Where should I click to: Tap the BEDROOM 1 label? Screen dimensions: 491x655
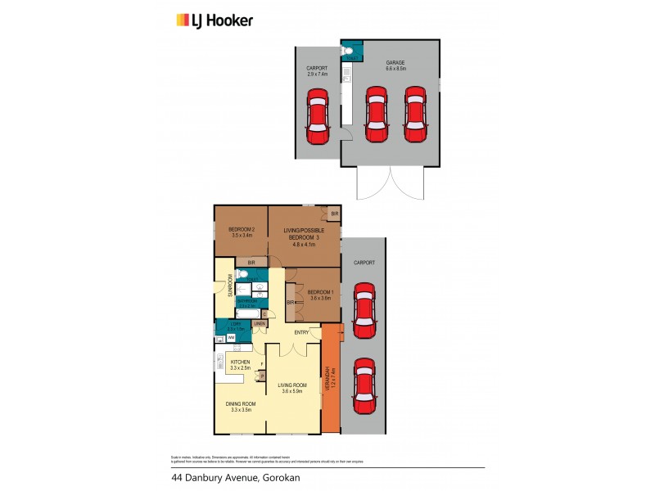pyautogui.click(x=320, y=295)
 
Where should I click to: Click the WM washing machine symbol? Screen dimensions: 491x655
pyautogui.click(x=231, y=337)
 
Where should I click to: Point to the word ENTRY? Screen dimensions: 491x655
pyautogui.click(x=302, y=331)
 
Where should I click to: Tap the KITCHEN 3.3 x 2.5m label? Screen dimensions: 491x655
pyautogui.click(x=240, y=365)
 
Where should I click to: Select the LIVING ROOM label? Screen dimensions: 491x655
pyautogui.click(x=291, y=388)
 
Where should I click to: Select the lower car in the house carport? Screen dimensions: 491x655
pyautogui.click(x=364, y=386)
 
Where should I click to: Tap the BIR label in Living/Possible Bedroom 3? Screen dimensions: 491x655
pyautogui.click(x=333, y=214)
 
